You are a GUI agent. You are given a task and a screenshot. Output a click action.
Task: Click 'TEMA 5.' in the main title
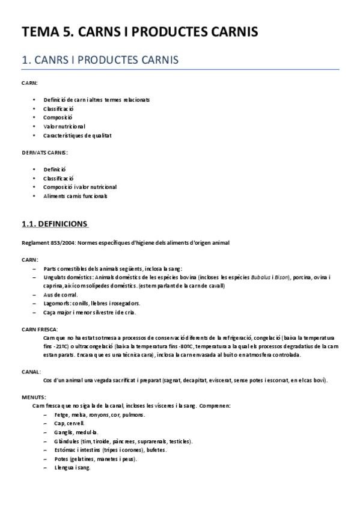(43, 32)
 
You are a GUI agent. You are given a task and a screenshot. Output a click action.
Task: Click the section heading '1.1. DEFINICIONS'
(55, 224)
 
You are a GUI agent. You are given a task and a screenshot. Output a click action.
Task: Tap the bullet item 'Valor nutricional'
(64, 126)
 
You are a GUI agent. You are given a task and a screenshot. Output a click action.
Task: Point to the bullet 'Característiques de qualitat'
(78, 135)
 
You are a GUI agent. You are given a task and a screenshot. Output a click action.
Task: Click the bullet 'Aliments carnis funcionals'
(76, 196)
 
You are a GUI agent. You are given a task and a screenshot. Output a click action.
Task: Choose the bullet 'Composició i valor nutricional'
(80, 187)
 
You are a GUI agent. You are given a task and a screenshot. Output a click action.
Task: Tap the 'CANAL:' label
(31, 372)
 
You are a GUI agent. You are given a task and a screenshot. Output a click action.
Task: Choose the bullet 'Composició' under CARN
(58, 117)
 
